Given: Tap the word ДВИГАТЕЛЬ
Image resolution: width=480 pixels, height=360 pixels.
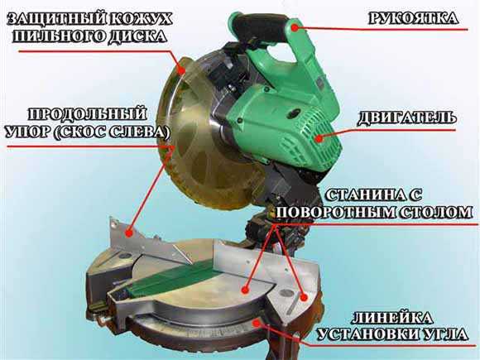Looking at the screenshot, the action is coord(406,118).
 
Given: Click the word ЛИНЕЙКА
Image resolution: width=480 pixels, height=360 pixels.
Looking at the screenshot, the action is coord(393,319).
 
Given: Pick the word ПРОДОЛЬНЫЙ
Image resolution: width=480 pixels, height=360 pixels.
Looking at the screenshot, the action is coord(88,114).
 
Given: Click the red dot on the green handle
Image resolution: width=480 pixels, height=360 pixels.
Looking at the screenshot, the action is coord(295,28).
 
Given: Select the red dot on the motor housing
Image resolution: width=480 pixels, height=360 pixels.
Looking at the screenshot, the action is coord(319,139).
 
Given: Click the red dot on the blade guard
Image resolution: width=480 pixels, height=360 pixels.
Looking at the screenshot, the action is coord(182,70).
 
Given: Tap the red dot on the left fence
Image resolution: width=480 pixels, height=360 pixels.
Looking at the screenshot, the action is coord(129,233).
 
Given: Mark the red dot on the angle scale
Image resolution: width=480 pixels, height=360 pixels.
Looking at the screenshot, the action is coord(256,323).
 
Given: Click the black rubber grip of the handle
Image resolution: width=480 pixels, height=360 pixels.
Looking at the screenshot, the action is coord(260,28).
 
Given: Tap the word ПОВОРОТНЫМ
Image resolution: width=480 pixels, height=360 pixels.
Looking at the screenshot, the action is coord(334,212).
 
